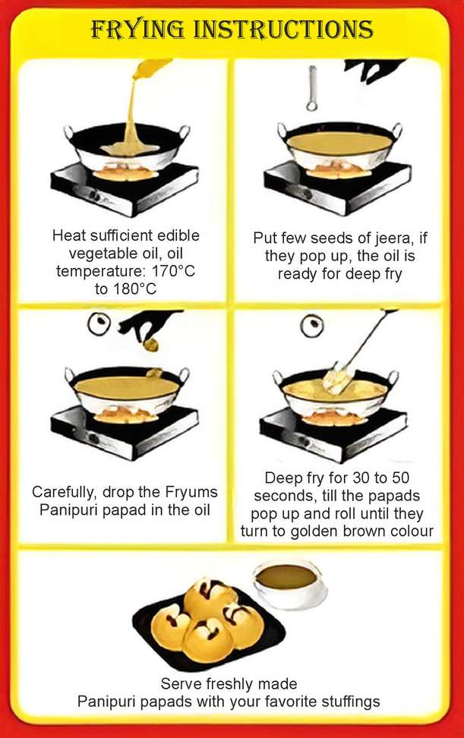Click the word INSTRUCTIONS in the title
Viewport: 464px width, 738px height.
pos(284,30)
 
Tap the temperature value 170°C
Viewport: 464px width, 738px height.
pos(173,272)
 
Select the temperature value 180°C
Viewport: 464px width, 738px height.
pos(134,289)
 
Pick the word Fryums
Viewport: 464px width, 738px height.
pos(191,492)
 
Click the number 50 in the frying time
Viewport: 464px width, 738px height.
pos(400,478)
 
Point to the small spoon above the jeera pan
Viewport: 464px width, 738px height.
pos(311,88)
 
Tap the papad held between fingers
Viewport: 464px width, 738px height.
pos(152,345)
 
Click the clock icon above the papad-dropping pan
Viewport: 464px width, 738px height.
pos(99,323)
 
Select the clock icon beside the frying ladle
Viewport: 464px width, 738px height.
pos(312,326)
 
